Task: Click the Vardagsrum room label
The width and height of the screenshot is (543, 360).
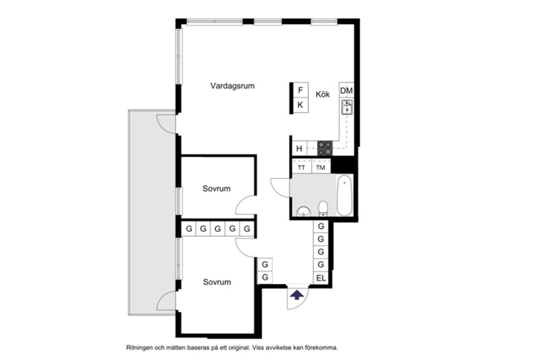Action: tap(232, 86)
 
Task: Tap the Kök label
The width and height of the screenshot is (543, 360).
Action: tap(322, 94)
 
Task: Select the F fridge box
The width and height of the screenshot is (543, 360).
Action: tap(300, 90)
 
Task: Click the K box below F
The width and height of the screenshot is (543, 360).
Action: tap(300, 105)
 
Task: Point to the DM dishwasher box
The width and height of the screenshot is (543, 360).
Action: tap(346, 91)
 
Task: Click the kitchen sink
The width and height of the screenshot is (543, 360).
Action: tap(346, 107)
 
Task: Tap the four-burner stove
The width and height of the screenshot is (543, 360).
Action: tap(325, 148)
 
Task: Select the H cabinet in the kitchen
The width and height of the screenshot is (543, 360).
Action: tap(299, 149)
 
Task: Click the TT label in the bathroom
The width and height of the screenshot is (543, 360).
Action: tap(301, 168)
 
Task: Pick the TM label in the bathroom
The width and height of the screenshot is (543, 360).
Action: tap(321, 168)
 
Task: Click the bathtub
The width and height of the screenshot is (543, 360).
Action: tap(344, 196)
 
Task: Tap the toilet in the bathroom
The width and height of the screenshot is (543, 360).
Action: tap(323, 209)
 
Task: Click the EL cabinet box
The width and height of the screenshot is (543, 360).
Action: tap(321, 278)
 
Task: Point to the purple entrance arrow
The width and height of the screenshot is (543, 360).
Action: tap(296, 294)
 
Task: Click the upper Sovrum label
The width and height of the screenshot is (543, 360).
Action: tap(217, 189)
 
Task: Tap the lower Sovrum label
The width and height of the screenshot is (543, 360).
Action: tap(217, 282)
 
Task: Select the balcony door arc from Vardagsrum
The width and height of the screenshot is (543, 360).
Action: tap(166, 123)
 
